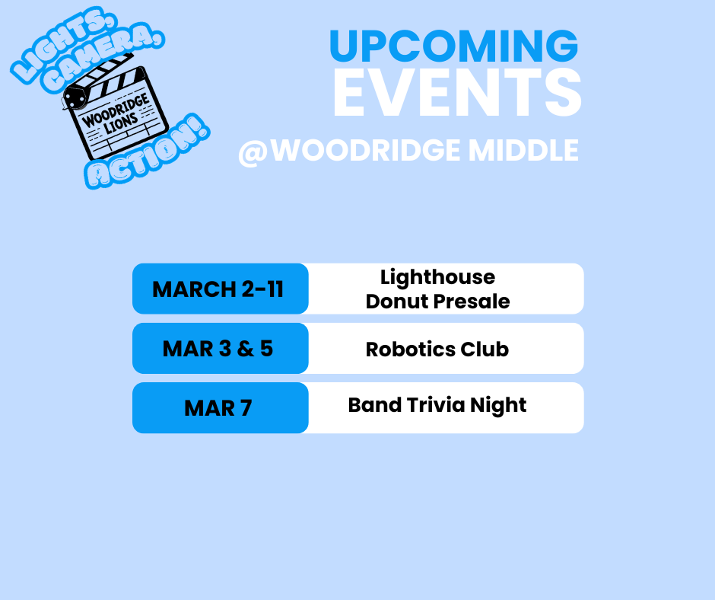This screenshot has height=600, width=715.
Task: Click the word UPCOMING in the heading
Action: click(453, 46)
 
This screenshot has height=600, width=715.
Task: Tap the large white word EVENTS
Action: click(456, 94)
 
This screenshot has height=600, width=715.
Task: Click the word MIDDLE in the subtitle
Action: click(523, 150)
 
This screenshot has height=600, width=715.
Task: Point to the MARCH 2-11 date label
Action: click(218, 289)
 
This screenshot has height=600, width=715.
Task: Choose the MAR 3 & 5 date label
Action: click(218, 349)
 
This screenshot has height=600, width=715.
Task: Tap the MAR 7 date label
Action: click(218, 408)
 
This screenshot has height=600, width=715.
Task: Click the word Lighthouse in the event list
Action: click(437, 276)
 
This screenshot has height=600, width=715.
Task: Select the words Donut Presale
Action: click(437, 302)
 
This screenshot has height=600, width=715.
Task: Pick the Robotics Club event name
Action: click(437, 349)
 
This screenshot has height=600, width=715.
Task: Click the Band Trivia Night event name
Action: click(437, 404)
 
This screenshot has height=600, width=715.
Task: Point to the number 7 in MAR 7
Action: click(245, 408)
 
